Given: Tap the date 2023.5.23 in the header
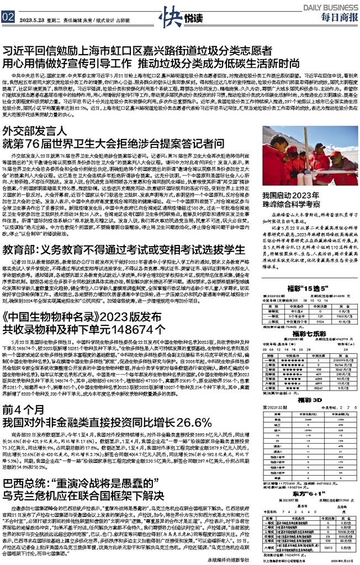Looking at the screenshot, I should coord(31,17).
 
